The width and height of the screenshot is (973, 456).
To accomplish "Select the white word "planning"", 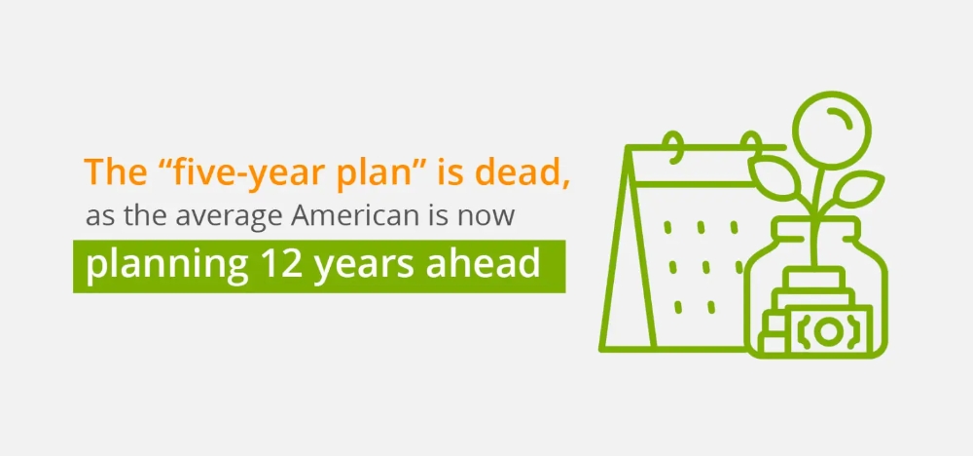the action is pos(167,267).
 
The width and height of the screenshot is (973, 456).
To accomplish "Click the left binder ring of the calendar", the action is pos(674,146).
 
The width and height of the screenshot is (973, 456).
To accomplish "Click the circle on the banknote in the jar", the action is pos(826,331).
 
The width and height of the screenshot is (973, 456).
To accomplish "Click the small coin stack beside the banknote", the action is pos(774,332).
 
